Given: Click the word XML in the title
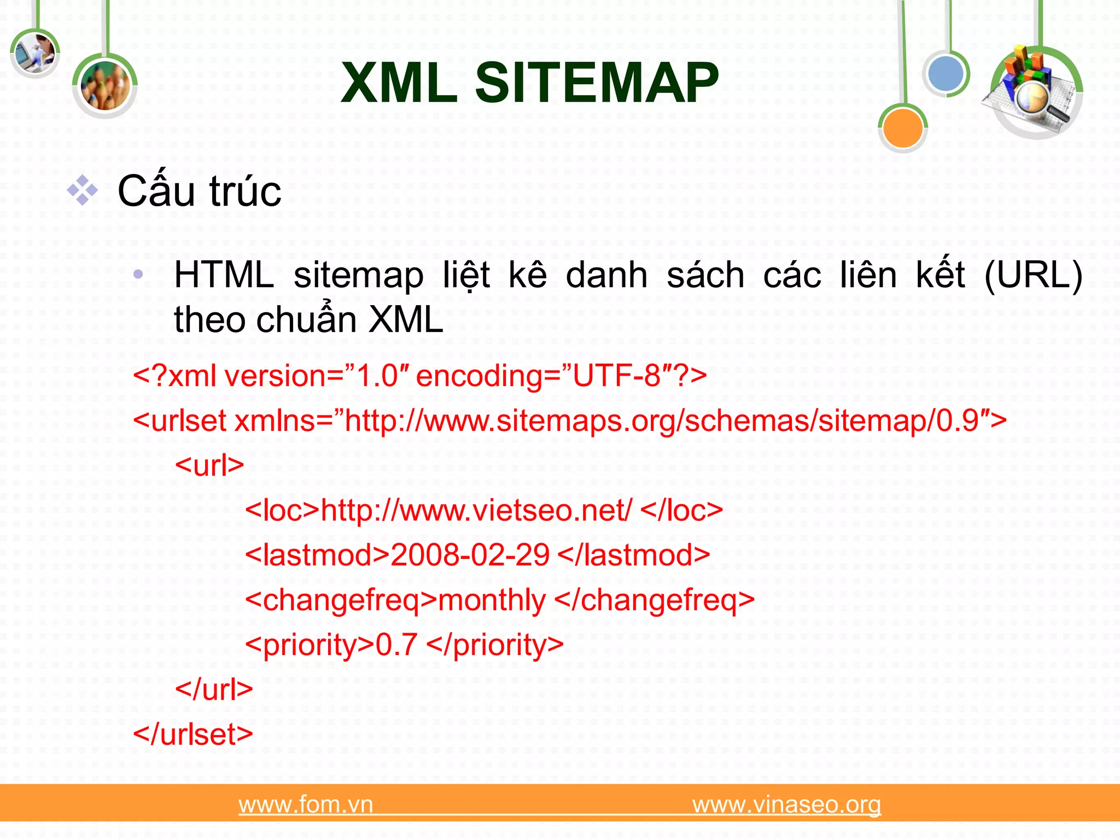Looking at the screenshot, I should coord(399,83).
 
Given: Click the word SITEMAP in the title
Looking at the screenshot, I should coord(597,83).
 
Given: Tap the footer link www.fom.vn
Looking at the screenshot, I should coord(306,804).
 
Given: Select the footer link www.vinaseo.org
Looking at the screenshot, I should coord(786,804).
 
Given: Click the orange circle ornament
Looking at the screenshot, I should coord(902,128).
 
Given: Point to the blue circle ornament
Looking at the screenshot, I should coord(946,74).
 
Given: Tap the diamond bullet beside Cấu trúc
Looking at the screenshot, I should coord(82,190).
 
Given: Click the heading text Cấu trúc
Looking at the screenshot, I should coord(199,191).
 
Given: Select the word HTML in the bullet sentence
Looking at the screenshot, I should coord(224,275).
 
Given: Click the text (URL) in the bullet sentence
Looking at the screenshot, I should coord(1032,275).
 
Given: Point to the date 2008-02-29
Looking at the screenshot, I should coord(470,555).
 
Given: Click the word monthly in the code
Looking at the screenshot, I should coord(492,600).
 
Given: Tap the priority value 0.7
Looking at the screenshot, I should coord(396,645).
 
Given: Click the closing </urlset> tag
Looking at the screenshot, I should coord(193,734).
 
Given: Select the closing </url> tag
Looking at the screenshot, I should coord(214,690).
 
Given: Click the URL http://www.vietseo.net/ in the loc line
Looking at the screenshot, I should coord(476,510).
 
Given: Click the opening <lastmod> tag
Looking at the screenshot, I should coord(317,555).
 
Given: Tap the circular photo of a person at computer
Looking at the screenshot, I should coord(34,54).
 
